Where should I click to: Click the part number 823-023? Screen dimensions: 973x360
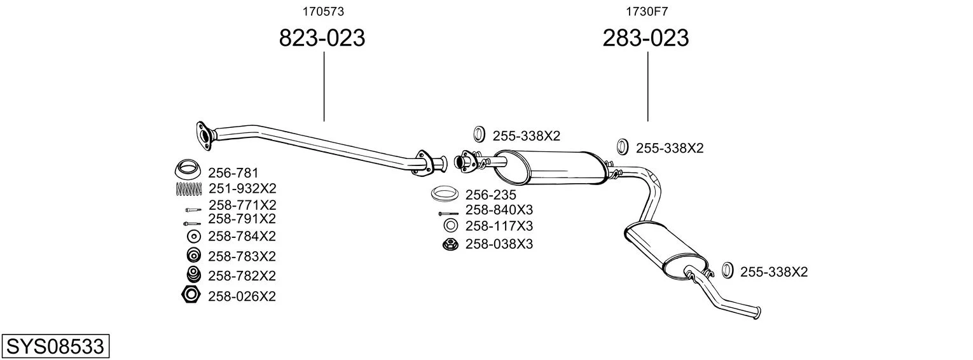coord(322,38)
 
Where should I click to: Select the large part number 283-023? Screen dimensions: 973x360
coord(645,38)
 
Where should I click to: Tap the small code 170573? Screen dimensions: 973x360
coord(323,11)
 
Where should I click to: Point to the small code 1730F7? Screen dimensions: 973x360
coord(647,11)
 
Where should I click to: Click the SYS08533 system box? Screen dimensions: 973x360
coord(55,346)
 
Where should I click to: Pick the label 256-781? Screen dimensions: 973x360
coord(233,173)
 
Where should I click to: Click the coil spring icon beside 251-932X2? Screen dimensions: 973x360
coord(189,189)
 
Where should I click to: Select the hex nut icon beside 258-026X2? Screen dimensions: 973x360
coord(191,295)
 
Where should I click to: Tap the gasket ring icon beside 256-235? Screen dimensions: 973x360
coord(445,194)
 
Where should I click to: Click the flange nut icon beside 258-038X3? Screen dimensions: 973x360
coord(450,244)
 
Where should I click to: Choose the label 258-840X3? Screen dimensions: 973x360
coord(499,210)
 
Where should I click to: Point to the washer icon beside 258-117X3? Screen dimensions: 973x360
coord(451,225)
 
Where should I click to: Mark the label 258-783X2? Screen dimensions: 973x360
coord(242,256)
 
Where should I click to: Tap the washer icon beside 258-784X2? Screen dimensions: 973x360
coord(194,237)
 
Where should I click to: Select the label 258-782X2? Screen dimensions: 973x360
coord(242,276)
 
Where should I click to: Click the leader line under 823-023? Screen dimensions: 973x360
coord(324,87)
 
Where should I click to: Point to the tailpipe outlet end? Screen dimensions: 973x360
coord(757,313)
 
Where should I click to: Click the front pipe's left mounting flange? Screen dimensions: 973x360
coord(204,136)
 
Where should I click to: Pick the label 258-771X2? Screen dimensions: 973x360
coord(242,205)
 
